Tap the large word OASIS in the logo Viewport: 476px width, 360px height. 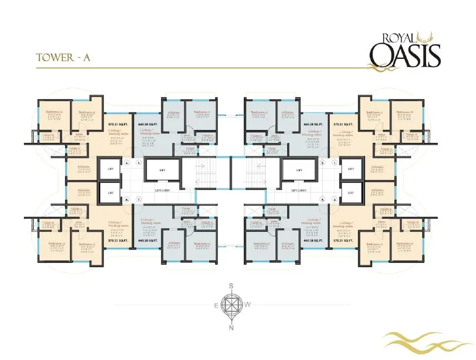point(405,56)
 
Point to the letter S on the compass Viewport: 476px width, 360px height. point(232,286)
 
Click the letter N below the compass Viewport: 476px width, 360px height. point(232,328)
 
